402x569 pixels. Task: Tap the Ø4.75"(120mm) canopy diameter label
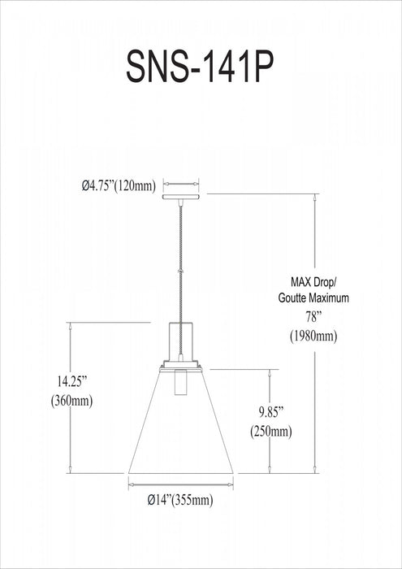pyautogui.click(x=118, y=185)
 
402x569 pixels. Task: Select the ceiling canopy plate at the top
pyautogui.click(x=181, y=195)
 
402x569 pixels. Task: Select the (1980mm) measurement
pyautogui.click(x=313, y=336)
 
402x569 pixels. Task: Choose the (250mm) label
pyautogui.click(x=270, y=431)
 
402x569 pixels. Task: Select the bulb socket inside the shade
pyautogui.click(x=181, y=381)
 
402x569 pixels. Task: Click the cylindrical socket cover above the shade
pyautogui.click(x=181, y=341)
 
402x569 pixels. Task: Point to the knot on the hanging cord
pyautogui.click(x=181, y=271)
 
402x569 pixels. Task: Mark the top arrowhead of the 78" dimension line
pyautogui.click(x=315, y=198)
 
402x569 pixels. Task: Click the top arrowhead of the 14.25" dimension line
pyautogui.click(x=71, y=325)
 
